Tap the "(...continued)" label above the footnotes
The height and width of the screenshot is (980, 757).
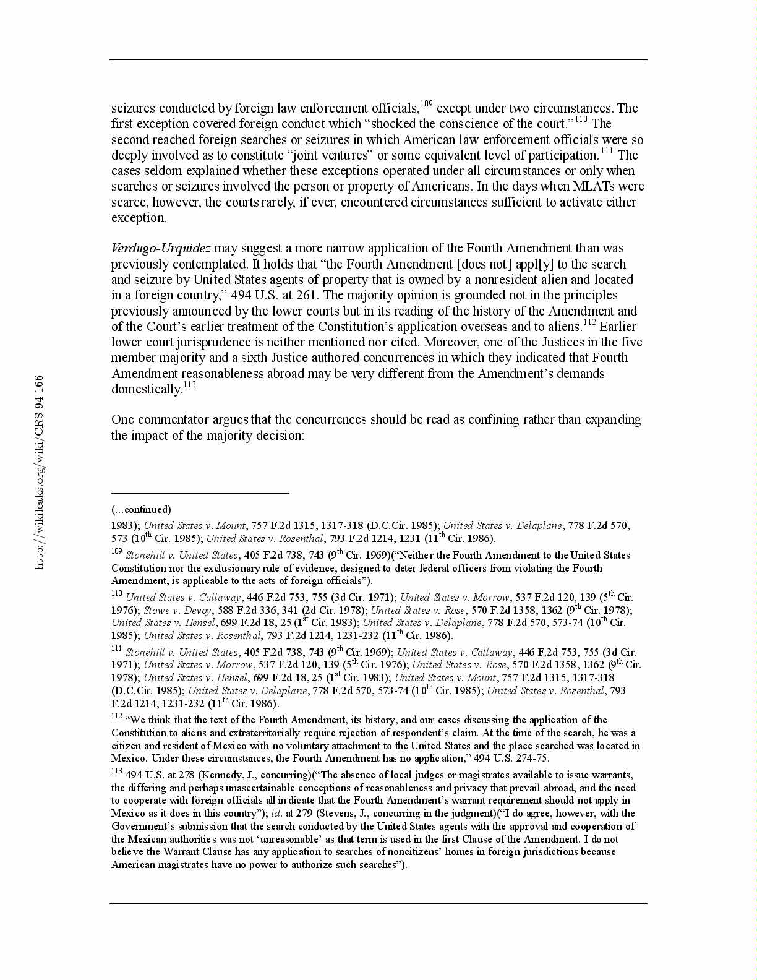[x=141, y=509]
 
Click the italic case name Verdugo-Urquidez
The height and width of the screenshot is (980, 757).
[x=161, y=249]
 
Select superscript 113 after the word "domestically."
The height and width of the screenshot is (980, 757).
[x=189, y=384]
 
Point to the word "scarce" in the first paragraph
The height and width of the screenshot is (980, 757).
[x=129, y=202]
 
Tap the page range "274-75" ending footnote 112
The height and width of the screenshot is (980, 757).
[x=532, y=758]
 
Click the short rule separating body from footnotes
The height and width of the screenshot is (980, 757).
[x=200, y=493]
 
